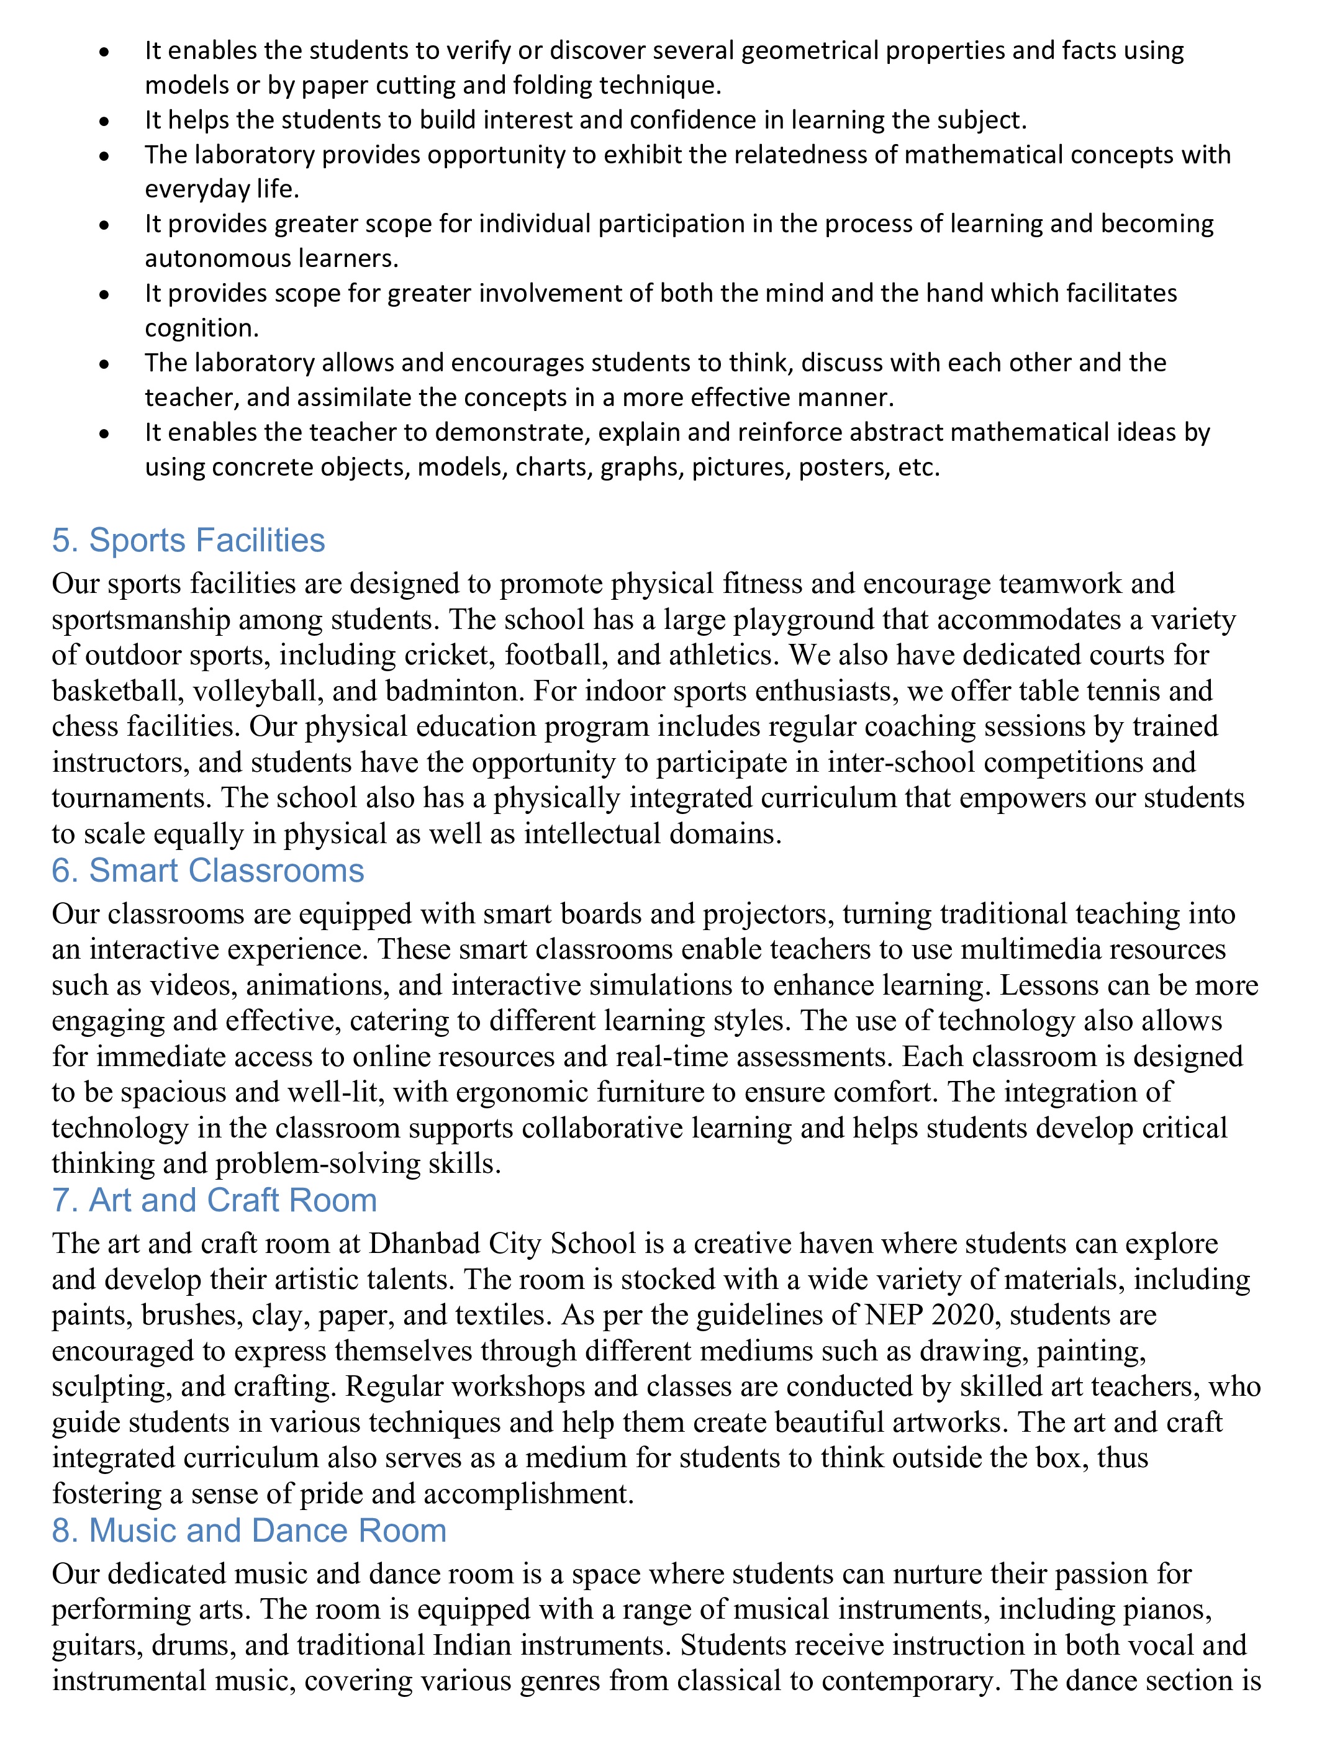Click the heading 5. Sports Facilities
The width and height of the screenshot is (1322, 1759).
(189, 540)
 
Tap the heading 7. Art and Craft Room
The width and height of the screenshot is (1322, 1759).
(214, 1200)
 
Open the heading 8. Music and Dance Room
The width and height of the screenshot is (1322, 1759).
(249, 1530)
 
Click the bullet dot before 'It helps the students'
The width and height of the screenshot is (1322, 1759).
(104, 121)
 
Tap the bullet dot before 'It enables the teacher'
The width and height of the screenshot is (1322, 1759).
(104, 433)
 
